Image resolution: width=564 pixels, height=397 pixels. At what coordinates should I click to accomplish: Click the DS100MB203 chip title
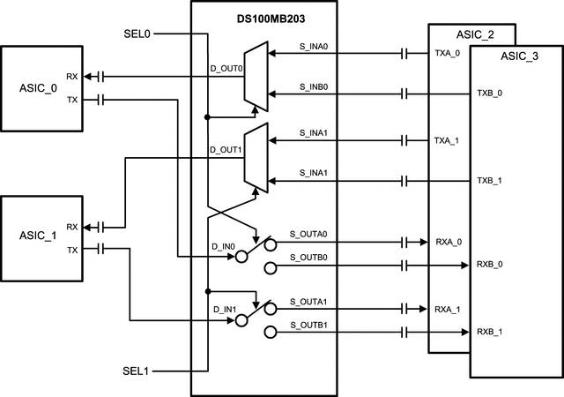click(x=263, y=13)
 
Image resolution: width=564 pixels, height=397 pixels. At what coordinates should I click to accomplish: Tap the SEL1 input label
click(x=137, y=371)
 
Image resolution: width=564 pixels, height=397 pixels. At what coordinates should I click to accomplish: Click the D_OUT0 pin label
click(x=226, y=67)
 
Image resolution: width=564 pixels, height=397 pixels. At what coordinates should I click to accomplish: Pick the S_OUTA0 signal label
click(x=308, y=234)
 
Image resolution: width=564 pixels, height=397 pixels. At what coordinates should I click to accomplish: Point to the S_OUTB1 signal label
click(x=308, y=326)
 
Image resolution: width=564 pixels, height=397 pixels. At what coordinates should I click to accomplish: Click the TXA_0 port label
click(x=448, y=53)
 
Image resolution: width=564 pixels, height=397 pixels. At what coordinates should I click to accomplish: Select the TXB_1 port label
click(x=490, y=181)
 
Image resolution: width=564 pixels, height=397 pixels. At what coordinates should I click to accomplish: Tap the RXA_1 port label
click(x=448, y=309)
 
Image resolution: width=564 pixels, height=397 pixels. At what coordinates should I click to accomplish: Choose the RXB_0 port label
click(x=490, y=264)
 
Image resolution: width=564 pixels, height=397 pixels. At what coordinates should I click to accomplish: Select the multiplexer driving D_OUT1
click(x=256, y=158)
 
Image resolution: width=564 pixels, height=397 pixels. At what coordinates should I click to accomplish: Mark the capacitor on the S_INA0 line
click(x=404, y=54)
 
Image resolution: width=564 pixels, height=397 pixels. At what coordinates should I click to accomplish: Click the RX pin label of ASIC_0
click(x=71, y=77)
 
